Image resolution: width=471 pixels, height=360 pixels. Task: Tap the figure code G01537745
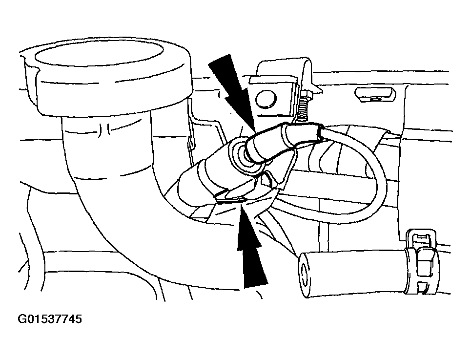click(x=50, y=318)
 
